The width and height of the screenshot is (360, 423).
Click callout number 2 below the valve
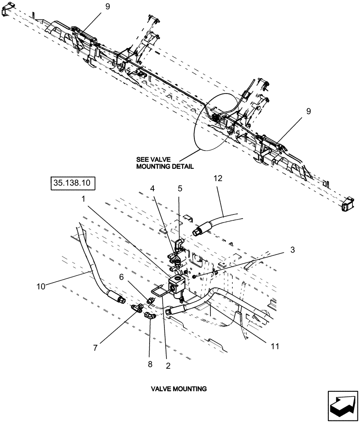click(x=169, y=367)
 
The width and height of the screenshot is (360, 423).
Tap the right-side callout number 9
click(x=308, y=111)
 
